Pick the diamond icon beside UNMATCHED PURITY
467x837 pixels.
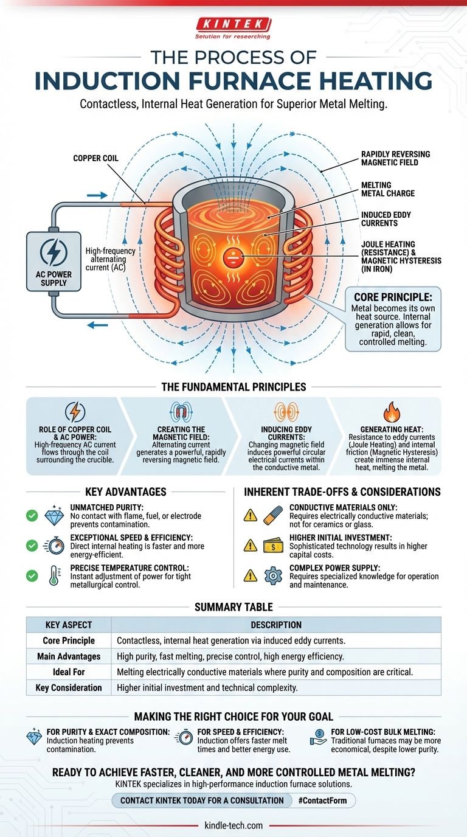(x=54, y=516)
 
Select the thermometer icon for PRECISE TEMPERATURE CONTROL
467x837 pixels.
(x=54, y=575)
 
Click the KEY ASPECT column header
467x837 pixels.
(x=69, y=625)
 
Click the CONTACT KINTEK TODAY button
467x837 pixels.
(x=202, y=800)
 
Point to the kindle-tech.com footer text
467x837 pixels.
(x=233, y=825)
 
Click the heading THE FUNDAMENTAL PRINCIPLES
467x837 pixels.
(x=233, y=386)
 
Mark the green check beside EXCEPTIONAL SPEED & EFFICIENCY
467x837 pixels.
(x=32, y=546)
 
